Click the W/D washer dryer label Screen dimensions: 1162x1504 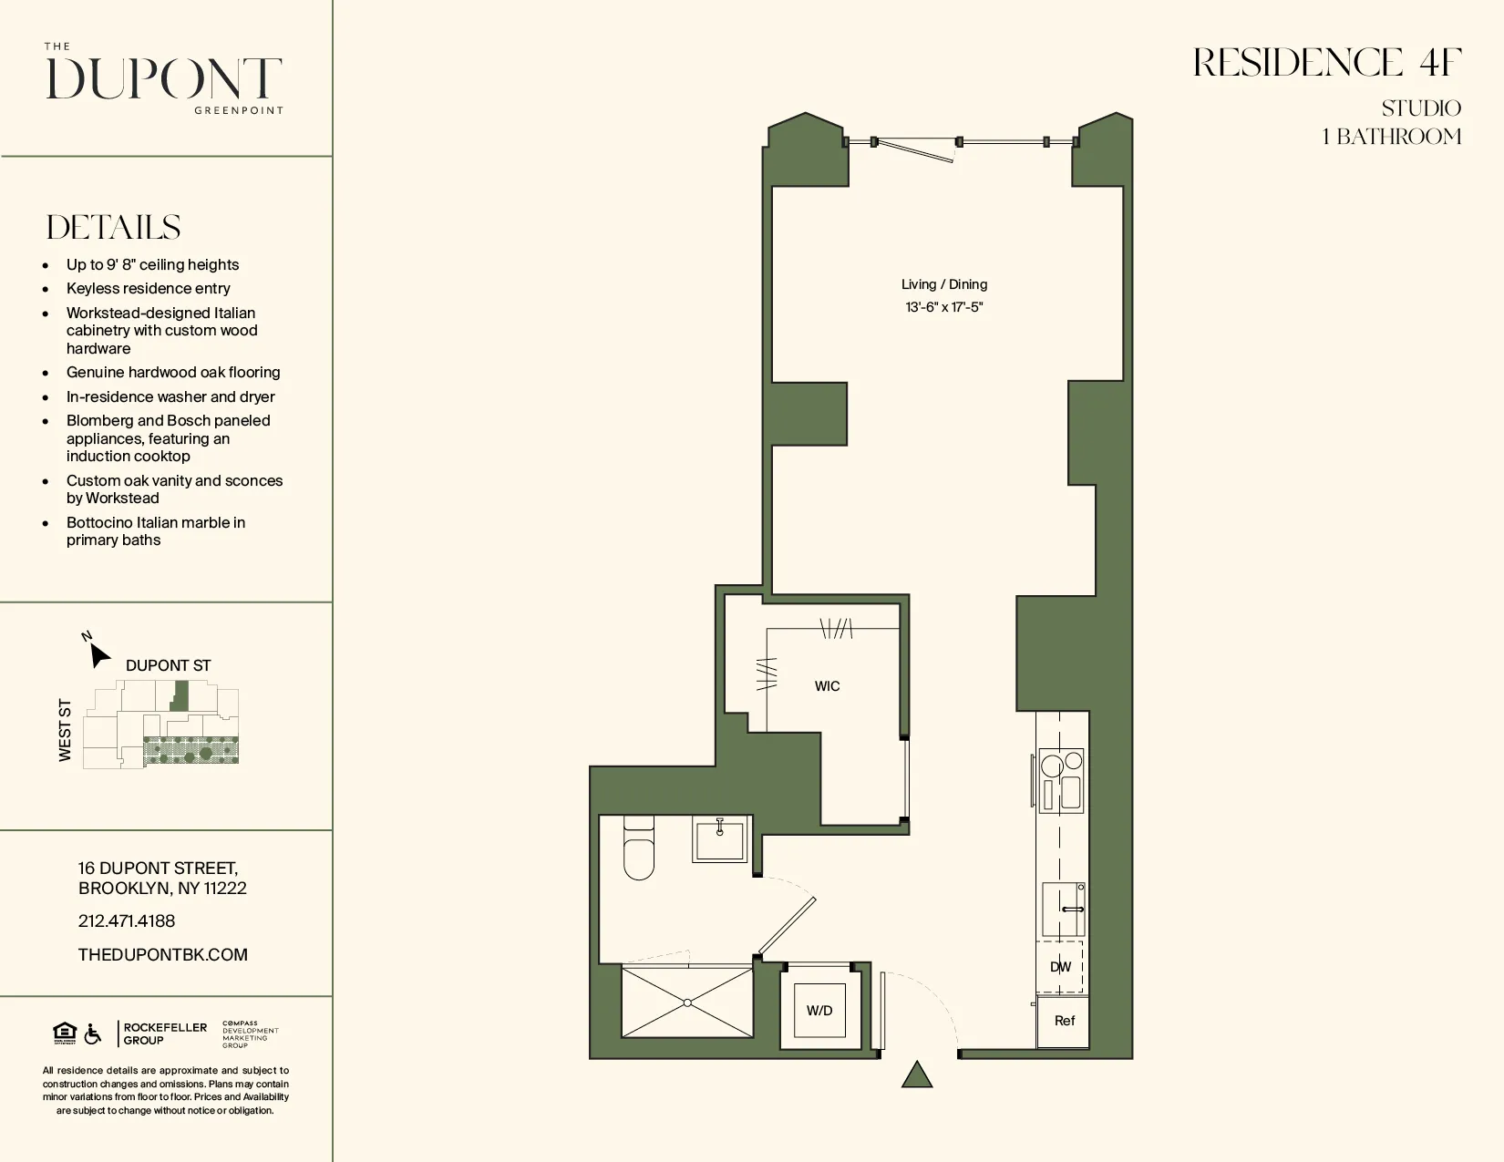[819, 1010]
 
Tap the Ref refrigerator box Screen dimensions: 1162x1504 [1064, 1021]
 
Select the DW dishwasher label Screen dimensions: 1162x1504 [1060, 967]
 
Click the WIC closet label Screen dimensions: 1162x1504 [827, 686]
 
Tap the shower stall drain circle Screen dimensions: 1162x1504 [687, 1003]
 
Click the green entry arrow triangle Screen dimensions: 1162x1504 [917, 1075]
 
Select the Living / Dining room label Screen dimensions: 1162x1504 [944, 284]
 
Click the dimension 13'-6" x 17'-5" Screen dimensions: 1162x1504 [944, 307]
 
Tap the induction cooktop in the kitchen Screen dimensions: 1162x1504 [1062, 783]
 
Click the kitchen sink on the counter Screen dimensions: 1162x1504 [1064, 909]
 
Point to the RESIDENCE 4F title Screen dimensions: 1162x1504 [1327, 63]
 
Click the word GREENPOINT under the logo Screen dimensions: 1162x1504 [239, 110]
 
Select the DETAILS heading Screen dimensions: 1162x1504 [114, 228]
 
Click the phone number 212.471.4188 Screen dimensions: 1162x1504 [127, 921]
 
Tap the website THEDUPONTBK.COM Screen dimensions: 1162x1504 [163, 954]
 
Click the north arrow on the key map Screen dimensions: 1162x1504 [98, 652]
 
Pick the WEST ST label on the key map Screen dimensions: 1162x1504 [65, 730]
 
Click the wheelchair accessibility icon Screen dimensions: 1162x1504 [93, 1034]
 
